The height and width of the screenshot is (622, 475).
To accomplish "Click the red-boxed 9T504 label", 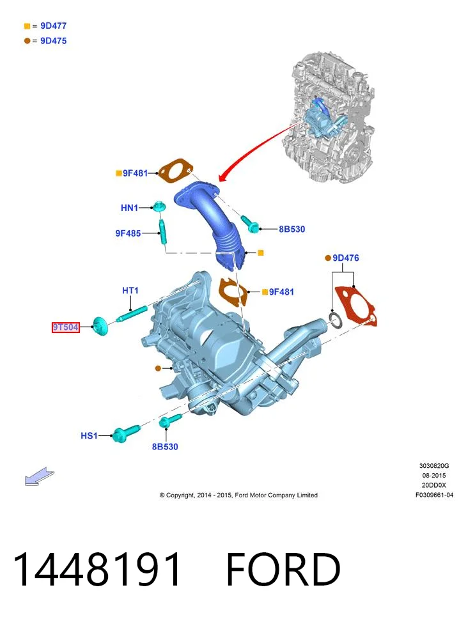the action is pos(65,327).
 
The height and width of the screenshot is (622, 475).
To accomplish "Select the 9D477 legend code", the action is pos(54,26).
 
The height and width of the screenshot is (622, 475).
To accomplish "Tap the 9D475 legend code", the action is pos(54,41).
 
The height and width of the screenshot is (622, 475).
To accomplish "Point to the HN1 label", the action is pos(129,208).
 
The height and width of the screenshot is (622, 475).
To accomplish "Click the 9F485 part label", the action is pos(128,233).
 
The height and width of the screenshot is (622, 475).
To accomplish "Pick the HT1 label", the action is pos(130,291).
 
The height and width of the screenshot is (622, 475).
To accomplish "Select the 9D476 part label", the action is pos(346,258).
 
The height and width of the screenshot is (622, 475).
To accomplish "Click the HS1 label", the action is pos(89,435).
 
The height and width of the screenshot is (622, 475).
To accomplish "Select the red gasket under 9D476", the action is pos(356,306).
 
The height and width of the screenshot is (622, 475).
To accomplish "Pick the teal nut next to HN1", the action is pos(159,206).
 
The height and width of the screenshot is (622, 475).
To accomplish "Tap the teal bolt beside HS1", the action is pos(125,433).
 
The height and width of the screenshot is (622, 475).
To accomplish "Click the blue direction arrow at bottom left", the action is pos(39,476).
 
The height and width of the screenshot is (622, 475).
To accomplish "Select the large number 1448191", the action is pos(97,569).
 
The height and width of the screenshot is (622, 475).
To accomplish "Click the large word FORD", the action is pos(283,569).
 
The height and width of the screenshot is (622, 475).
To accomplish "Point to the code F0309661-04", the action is pos(434,495).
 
